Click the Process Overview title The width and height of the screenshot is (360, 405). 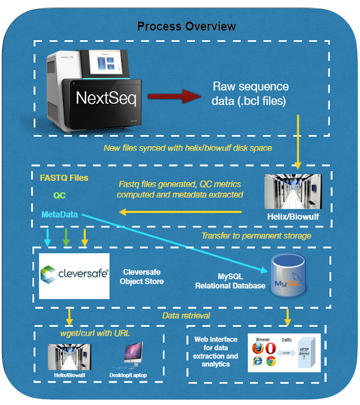point(187,26)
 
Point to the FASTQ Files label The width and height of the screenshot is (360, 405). point(64,178)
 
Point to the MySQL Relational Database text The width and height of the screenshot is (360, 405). point(230,281)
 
